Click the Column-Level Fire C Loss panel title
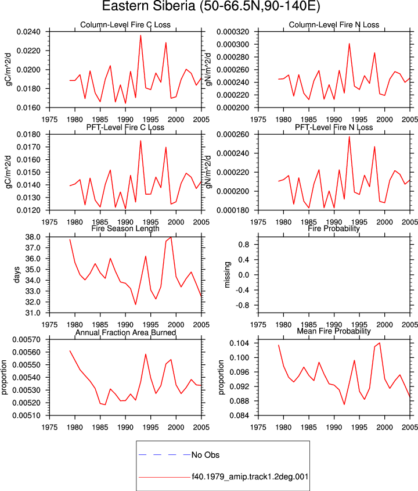pos(125,25)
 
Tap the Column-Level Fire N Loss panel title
pos(334,25)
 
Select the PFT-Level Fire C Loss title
pos(125,127)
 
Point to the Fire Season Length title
pos(125,228)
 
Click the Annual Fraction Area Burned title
pos(125,332)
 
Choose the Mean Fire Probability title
pos(334,331)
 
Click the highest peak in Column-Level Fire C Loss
pos(140,35)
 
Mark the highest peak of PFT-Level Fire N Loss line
pos(349,137)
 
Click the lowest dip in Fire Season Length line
pos(135,304)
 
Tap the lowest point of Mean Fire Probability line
pos(344,404)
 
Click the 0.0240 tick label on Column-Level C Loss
pos(28,32)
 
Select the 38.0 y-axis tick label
pos(33,237)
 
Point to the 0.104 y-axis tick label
pos(239,343)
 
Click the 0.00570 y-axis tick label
pos(27,339)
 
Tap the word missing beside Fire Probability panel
pos(228,275)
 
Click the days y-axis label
pos(17,275)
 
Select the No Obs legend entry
pos(206,454)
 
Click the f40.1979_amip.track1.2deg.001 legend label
pos(250,477)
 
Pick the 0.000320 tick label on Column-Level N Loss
pos(233,32)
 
